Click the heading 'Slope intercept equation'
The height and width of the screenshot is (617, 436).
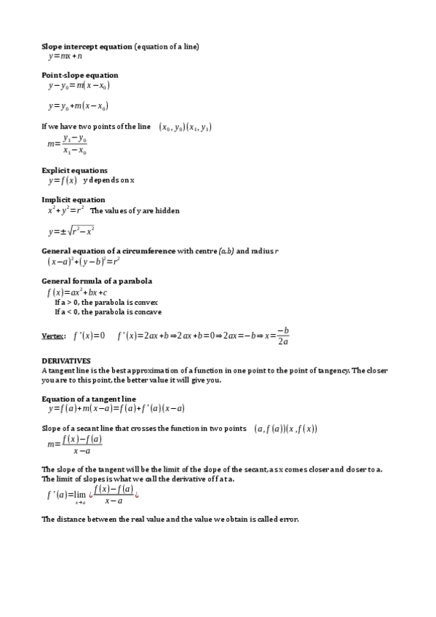coord(87,47)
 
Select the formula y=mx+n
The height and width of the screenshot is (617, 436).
coord(66,56)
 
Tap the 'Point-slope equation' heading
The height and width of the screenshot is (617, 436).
coord(80,75)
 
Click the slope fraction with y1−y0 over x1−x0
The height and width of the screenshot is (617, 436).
coord(67,144)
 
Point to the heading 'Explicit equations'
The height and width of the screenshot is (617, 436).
coord(74,170)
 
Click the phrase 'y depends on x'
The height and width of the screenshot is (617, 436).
coord(109,180)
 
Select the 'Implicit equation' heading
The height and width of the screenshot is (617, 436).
coord(74,199)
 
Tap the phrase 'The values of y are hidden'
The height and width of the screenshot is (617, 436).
coord(135,210)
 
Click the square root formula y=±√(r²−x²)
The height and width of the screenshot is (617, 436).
coord(71,231)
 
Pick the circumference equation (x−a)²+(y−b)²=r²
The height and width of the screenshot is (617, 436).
coord(84,260)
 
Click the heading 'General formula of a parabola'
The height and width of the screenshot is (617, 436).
coord(97,281)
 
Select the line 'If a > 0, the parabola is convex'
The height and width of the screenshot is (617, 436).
coord(106,302)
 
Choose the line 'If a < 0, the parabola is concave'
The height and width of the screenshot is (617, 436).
coord(108,311)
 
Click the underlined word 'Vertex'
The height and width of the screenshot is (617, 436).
coord(53,336)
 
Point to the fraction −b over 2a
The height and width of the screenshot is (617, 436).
coord(283,335)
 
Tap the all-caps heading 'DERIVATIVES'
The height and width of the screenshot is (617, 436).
coord(66,360)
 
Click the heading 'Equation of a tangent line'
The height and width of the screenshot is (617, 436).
coord(89,399)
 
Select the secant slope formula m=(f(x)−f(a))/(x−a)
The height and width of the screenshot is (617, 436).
coord(74,445)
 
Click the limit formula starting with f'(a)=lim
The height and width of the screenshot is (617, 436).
coord(92,495)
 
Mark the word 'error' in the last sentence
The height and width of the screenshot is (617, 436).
coord(289,519)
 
